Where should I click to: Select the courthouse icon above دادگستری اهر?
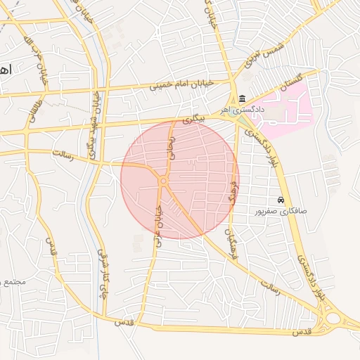tap(243, 98)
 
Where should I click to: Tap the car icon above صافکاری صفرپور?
tap(281, 200)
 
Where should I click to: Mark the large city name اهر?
tap(6, 70)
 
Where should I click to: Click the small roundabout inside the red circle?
tap(163, 181)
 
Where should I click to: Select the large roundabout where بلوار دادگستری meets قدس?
tap(330, 320)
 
